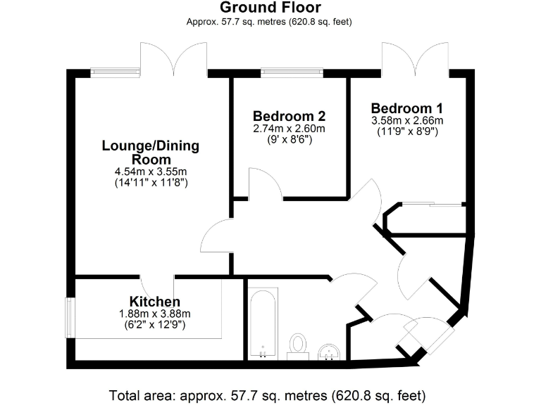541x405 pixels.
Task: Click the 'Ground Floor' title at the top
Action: click(x=270, y=8)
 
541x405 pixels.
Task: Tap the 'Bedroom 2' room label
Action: click(x=290, y=116)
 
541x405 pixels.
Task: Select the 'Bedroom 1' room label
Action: click(x=407, y=108)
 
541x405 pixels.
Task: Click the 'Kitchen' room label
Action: click(x=154, y=302)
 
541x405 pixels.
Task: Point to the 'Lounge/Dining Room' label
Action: click(x=151, y=153)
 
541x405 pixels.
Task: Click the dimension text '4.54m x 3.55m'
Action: click(x=151, y=172)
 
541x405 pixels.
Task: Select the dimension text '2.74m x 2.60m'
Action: click(x=290, y=129)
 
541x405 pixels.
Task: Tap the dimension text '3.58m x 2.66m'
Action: click(x=407, y=120)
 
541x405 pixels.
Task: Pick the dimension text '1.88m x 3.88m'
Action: click(x=154, y=314)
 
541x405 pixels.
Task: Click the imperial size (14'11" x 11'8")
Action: click(x=151, y=183)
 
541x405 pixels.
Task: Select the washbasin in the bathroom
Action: click(x=329, y=352)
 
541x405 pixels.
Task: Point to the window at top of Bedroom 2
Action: click(x=292, y=70)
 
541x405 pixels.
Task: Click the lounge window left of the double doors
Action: click(x=115, y=70)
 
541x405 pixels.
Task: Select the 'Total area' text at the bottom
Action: click(x=268, y=394)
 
